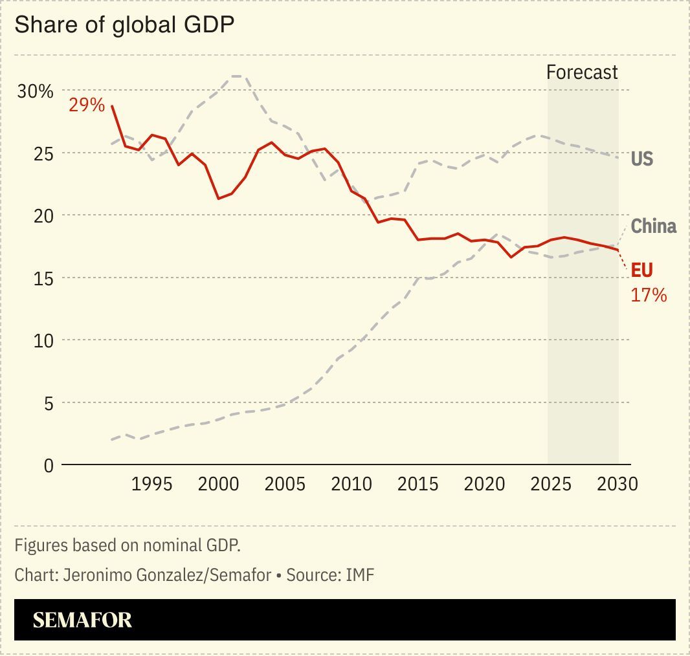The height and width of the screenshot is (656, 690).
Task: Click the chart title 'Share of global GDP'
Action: (x=124, y=25)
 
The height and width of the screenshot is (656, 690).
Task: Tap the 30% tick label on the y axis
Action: (x=35, y=91)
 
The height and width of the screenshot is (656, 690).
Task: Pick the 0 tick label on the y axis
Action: (x=48, y=466)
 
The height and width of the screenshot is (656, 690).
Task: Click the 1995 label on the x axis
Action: (x=152, y=485)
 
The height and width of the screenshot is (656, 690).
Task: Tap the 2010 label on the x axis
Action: (x=351, y=485)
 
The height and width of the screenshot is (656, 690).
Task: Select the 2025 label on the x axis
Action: (x=551, y=485)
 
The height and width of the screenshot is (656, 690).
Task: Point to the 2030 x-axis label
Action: (x=617, y=485)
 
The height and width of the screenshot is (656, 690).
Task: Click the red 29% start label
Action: (x=87, y=105)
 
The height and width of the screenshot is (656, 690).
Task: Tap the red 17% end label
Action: (x=649, y=296)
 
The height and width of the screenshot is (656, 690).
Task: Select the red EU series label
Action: (x=641, y=270)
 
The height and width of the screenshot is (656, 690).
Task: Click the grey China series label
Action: (x=653, y=226)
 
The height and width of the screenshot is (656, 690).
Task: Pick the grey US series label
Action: (x=641, y=159)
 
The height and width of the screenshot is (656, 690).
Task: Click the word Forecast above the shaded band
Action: (x=582, y=72)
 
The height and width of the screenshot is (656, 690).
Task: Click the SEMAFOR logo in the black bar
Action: (x=82, y=620)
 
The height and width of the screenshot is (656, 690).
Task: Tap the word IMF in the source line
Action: (x=360, y=574)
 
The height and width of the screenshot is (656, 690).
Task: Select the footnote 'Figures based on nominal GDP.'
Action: (x=128, y=545)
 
